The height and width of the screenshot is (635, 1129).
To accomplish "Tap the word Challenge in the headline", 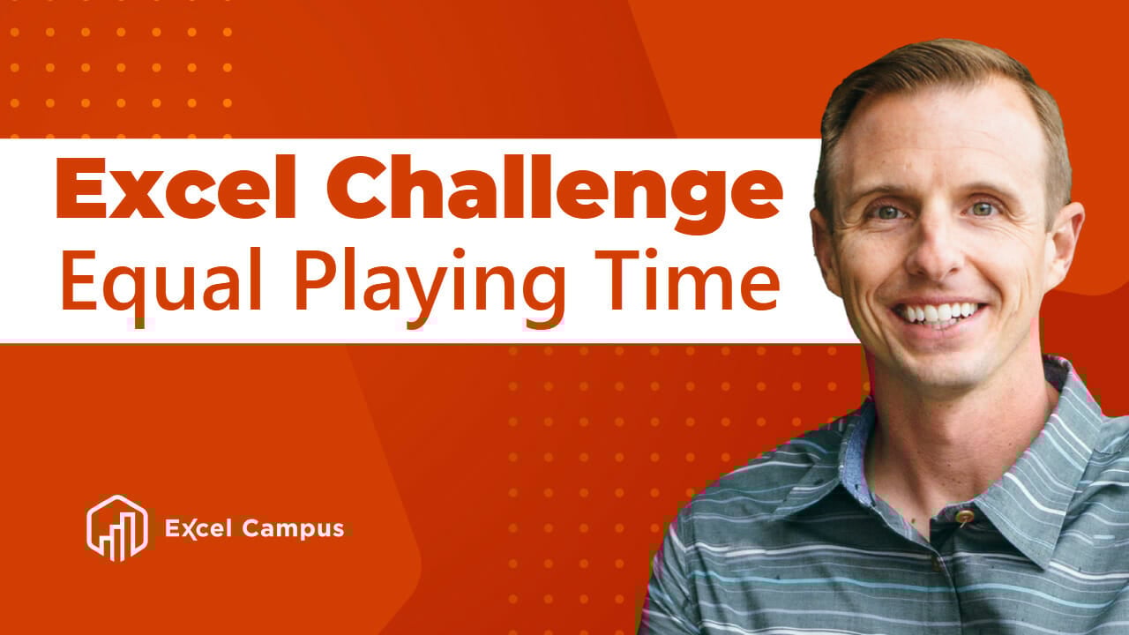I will pyautogui.click(x=552, y=190).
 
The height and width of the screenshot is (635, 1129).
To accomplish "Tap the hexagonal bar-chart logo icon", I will pyautogui.click(x=116, y=528).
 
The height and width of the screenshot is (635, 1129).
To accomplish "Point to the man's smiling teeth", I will pyautogui.click(x=938, y=312).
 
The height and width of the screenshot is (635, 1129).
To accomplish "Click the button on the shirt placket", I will pyautogui.click(x=964, y=516).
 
